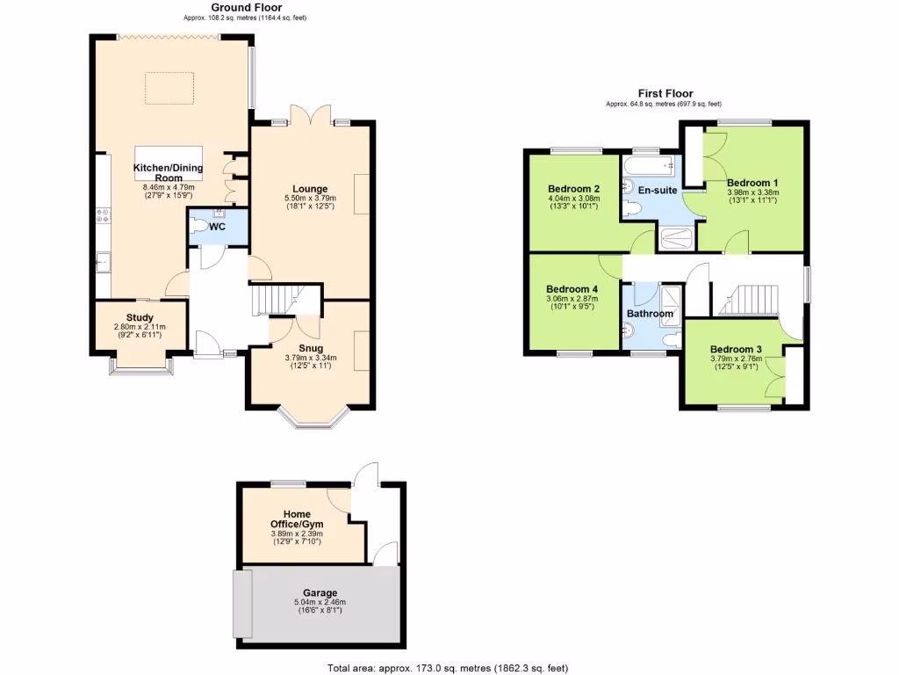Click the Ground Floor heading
(234, 7)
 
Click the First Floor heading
(665, 93)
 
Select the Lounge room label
(310, 188)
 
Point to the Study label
(140, 317)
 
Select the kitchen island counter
(168, 155)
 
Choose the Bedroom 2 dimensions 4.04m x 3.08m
(573, 199)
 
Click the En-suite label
(657, 190)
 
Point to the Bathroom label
(650, 314)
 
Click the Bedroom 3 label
(736, 348)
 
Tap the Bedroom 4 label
(572, 289)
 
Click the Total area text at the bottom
(453, 667)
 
